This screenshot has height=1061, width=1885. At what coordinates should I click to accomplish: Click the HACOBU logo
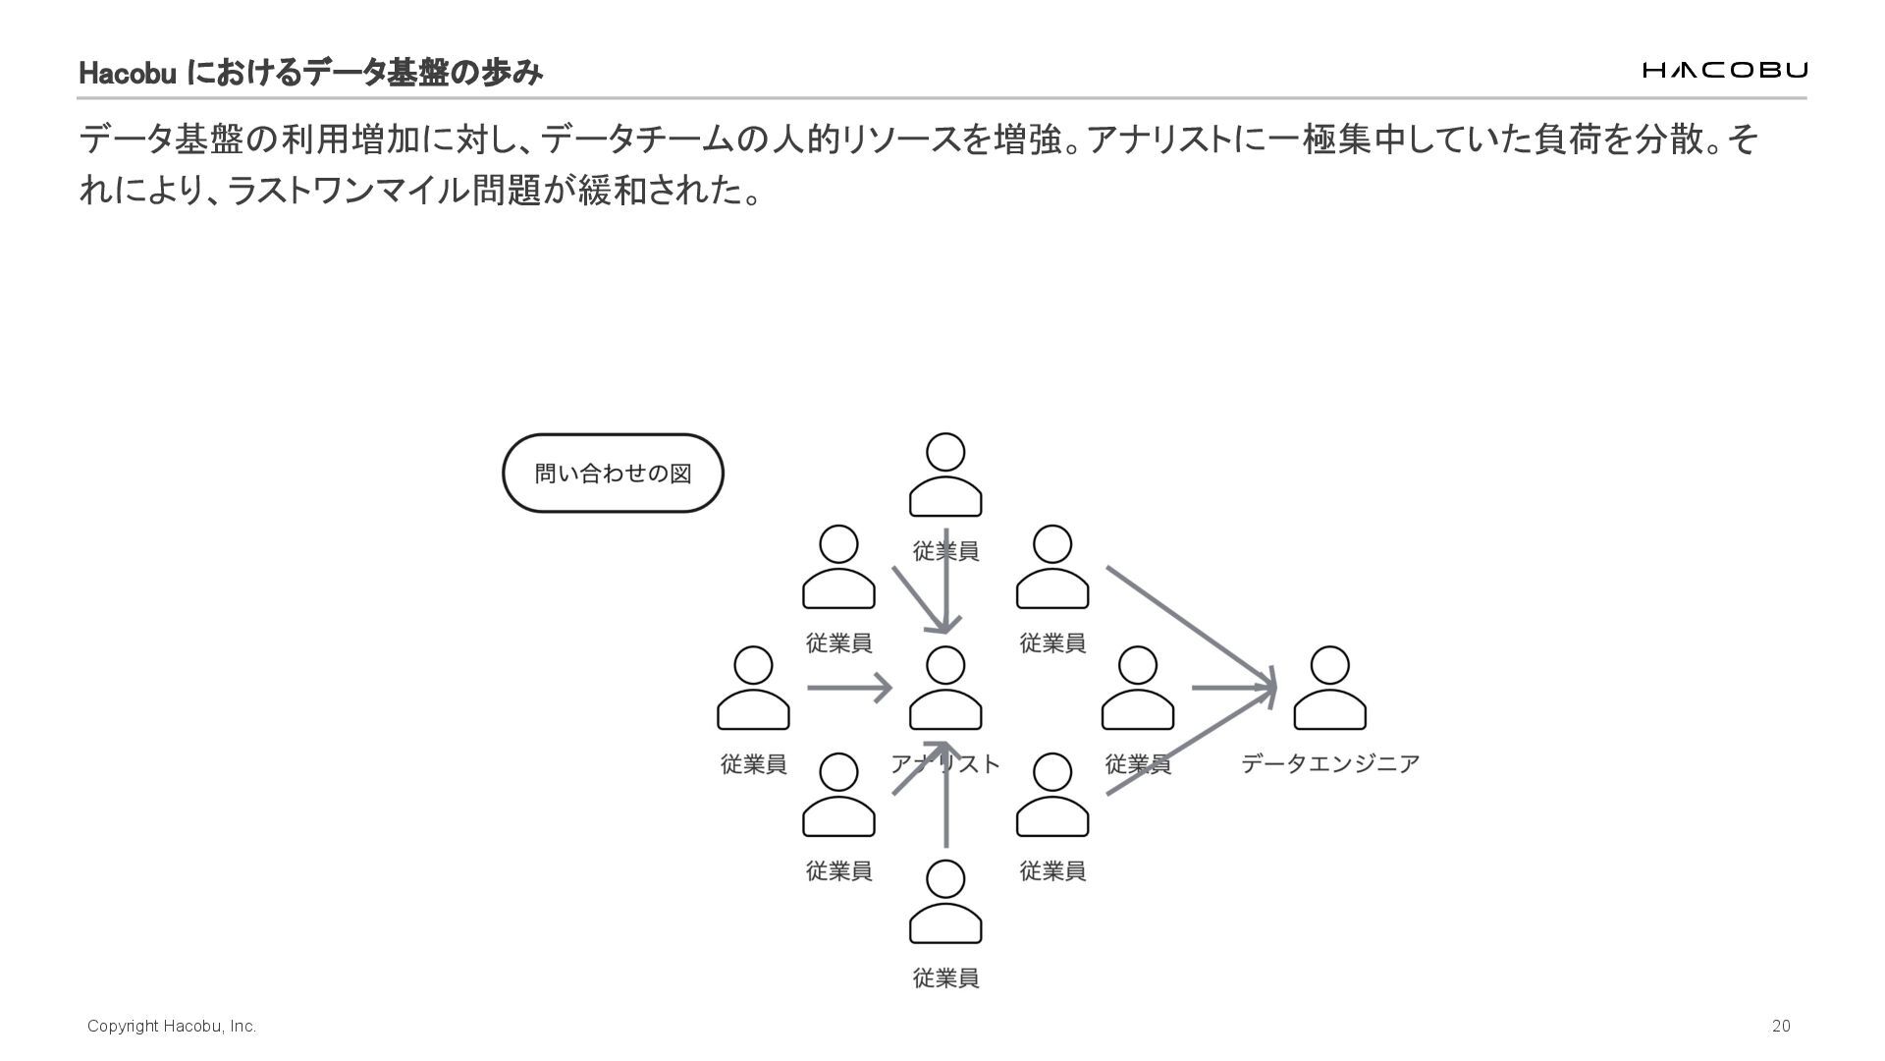coord(1724,70)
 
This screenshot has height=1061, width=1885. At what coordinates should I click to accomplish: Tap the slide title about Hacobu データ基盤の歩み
coord(310,73)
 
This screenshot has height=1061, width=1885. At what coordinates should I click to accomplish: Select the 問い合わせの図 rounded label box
coord(613,474)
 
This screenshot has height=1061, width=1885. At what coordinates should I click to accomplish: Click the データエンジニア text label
coord(1329,763)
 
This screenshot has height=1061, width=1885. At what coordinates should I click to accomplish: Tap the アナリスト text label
coord(945,763)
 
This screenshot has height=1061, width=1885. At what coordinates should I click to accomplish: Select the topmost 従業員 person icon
coord(945,475)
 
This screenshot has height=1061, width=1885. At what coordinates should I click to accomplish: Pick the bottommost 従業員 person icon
coord(945,902)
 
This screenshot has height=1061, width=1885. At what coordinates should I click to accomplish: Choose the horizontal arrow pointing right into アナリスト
coord(848,688)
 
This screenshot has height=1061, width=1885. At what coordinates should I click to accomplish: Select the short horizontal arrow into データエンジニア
coord(1232,688)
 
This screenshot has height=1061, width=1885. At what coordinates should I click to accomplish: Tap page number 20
coord(1781,1026)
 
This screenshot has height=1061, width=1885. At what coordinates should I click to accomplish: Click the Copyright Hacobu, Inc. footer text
coord(172,1026)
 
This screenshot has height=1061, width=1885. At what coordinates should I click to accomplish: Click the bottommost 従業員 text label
coord(945,977)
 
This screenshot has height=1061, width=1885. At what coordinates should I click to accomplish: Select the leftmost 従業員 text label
coord(753,763)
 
